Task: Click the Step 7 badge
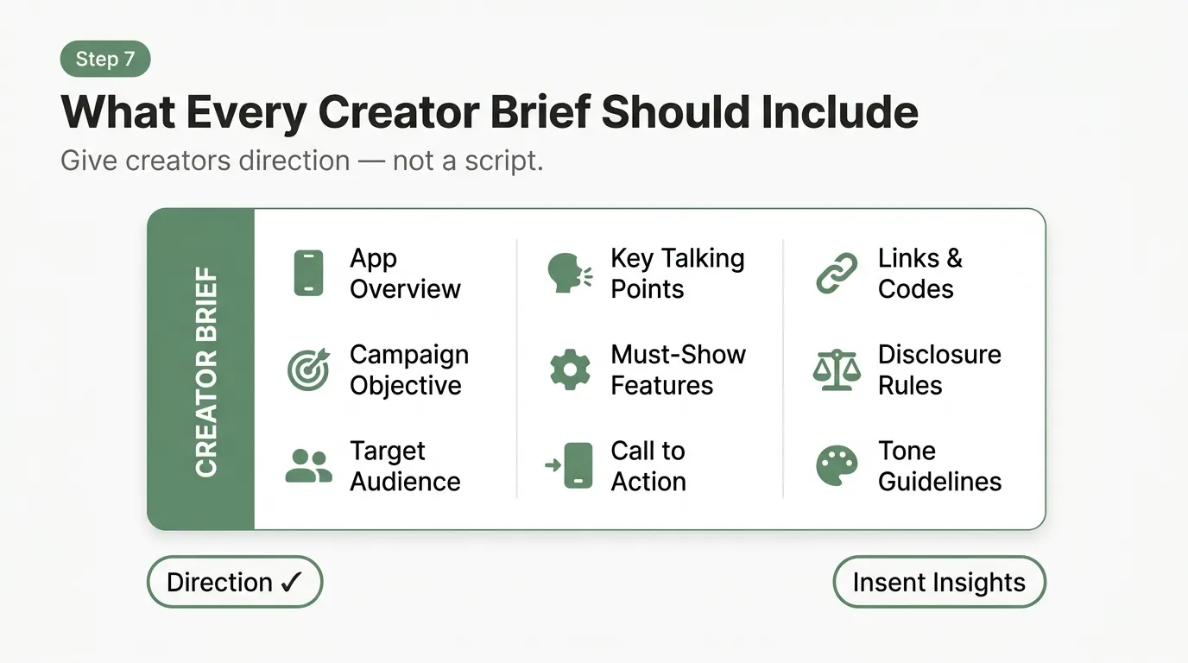[105, 60]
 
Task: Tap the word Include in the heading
[839, 112]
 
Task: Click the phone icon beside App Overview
[308, 274]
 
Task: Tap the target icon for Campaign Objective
[308, 369]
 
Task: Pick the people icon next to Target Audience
[308, 466]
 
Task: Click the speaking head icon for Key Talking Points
[570, 274]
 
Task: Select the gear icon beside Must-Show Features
[570, 369]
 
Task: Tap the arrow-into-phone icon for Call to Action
[570, 466]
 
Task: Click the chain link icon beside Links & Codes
[837, 274]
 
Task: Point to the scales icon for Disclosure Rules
[837, 369]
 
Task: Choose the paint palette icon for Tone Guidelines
[837, 466]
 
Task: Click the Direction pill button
[235, 582]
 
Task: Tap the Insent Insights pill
[938, 582]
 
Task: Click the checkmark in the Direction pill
[290, 582]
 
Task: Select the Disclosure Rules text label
[939, 369]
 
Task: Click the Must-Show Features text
[678, 369]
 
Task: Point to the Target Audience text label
[405, 466]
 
